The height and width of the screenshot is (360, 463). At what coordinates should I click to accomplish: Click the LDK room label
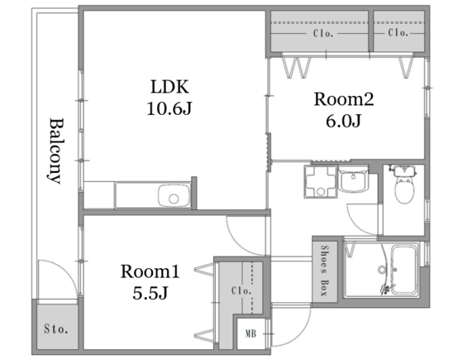click(169, 87)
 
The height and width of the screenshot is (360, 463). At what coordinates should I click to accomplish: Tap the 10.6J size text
click(169, 108)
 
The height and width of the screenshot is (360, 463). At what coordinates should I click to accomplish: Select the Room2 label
click(344, 99)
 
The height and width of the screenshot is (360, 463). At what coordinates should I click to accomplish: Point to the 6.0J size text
click(343, 121)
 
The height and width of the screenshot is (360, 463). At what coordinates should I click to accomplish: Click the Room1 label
click(150, 271)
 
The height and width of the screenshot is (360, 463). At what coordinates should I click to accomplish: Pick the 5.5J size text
click(150, 293)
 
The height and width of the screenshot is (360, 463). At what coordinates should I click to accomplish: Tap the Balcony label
click(55, 151)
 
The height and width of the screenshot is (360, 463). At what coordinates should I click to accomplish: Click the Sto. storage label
click(56, 329)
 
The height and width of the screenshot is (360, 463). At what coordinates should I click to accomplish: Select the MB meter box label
click(251, 334)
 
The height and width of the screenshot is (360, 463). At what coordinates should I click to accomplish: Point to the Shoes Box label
click(324, 271)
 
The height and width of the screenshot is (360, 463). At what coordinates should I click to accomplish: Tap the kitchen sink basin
click(174, 195)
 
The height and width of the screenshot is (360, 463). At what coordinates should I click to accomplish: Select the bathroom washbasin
click(353, 180)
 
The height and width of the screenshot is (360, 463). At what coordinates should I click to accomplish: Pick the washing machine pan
click(321, 181)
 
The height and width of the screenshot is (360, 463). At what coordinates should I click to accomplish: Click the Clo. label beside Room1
click(241, 290)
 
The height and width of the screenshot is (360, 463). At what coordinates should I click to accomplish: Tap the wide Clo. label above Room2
click(323, 33)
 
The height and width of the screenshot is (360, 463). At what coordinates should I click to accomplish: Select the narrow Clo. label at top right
click(398, 32)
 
